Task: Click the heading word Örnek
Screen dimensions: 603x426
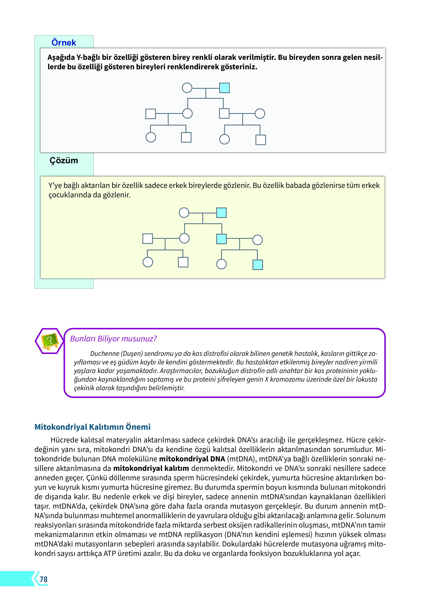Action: (64, 43)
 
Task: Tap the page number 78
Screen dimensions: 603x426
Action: (44, 579)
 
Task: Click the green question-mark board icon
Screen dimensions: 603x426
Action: (50, 341)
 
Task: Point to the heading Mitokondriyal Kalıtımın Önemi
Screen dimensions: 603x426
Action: (92, 427)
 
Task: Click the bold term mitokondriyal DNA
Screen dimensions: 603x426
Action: (192, 459)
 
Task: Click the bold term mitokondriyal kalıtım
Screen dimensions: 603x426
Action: (151, 468)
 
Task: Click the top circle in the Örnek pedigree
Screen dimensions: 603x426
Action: (187, 88)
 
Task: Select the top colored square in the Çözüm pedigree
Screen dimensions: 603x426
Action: (221, 213)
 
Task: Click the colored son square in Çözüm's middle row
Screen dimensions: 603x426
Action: (221, 239)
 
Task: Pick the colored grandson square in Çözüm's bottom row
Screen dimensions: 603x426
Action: (257, 265)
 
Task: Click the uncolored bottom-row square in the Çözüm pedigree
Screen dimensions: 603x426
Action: (183, 262)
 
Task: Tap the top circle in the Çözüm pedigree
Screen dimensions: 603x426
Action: (184, 213)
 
